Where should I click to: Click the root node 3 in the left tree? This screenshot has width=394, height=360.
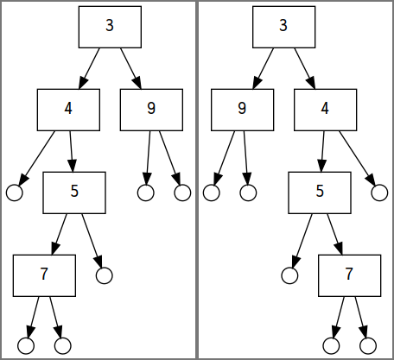tap(110, 27)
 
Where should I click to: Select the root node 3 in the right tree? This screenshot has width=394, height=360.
tap(284, 27)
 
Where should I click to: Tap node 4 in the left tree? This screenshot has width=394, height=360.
tap(68, 110)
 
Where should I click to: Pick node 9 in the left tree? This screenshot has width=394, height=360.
tap(151, 110)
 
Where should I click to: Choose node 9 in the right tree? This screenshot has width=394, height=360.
tap(243, 110)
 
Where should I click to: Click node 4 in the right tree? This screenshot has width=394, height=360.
tap(326, 110)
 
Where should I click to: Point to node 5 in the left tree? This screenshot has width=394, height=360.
tap(74, 193)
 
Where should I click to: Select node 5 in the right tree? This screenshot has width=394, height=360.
tap(320, 193)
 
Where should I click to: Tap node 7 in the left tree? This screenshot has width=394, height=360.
tap(44, 275)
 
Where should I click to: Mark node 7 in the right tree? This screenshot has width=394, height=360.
tap(350, 275)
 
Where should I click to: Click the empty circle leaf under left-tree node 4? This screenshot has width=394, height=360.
tap(15, 193)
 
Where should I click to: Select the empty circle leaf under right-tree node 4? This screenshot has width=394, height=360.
tap(379, 193)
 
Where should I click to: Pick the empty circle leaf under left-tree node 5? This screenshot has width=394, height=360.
tap(105, 275)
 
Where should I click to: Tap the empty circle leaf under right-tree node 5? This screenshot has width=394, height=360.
tap(289, 275)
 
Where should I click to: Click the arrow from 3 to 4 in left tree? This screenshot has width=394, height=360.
tap(89, 68)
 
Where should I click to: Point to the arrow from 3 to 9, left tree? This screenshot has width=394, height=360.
tap(130, 68)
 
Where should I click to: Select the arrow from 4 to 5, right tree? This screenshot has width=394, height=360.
tap(322, 151)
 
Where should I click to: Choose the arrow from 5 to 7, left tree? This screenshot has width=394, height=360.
tap(60, 234)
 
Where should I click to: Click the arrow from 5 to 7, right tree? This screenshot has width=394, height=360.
tap(334, 234)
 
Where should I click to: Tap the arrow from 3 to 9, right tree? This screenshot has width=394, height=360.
tap(264, 68)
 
